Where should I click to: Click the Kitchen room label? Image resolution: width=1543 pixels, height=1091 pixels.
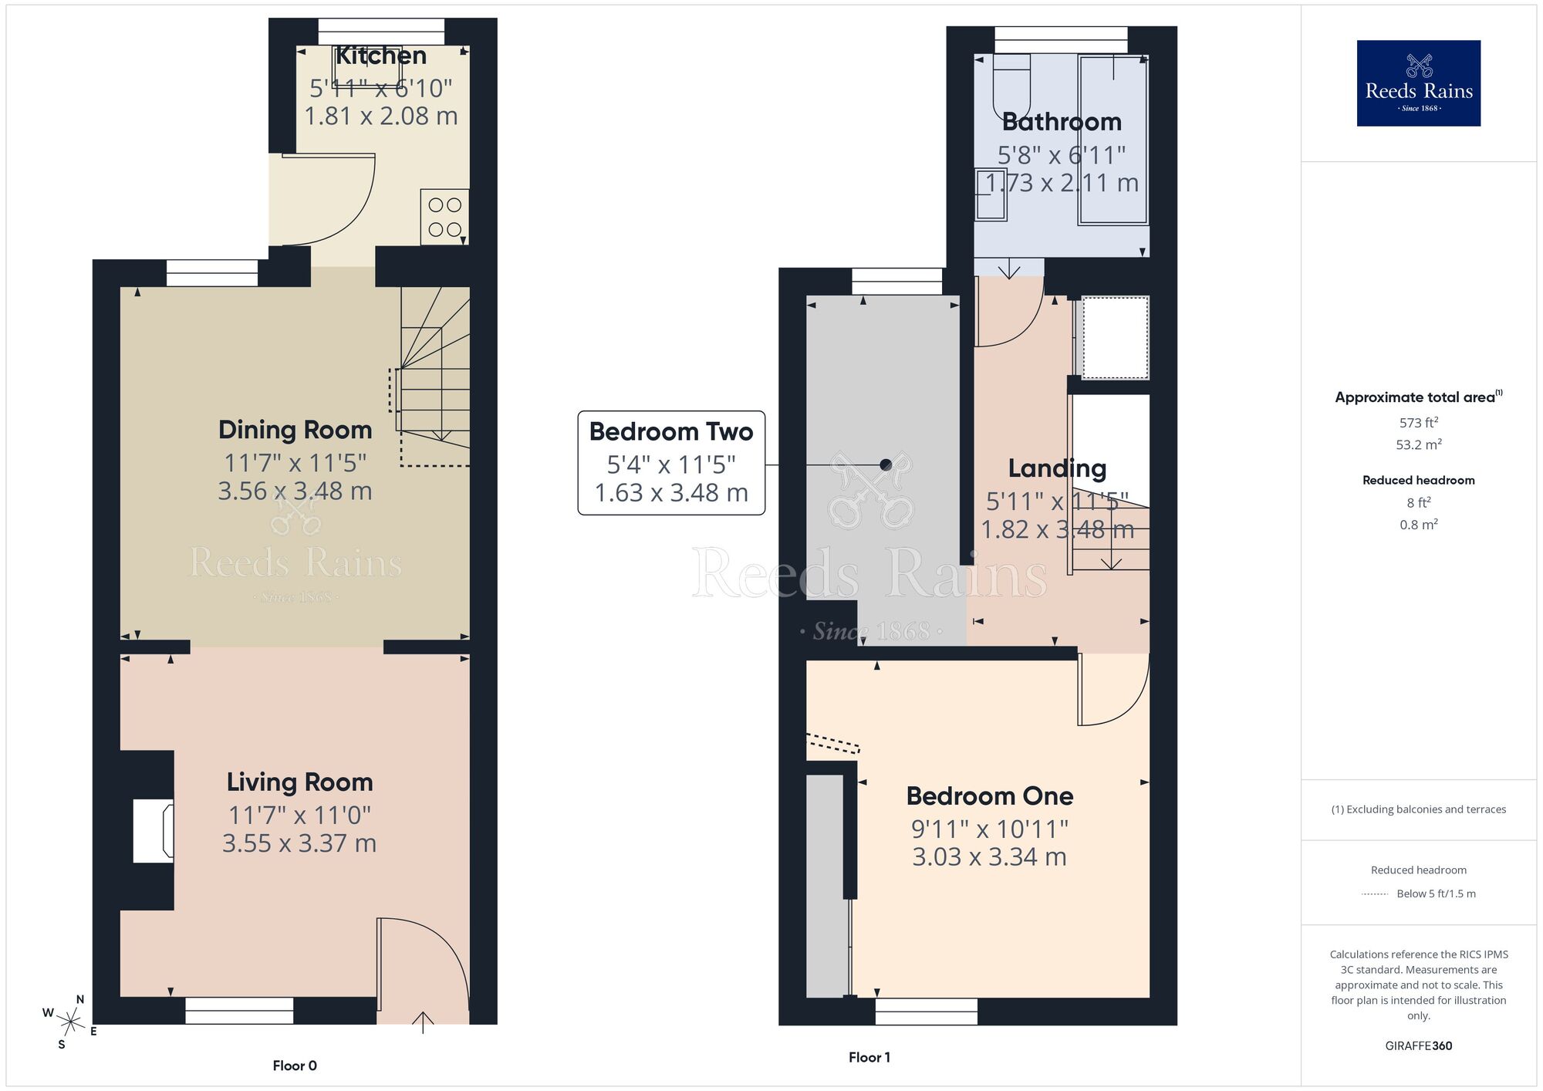(380, 56)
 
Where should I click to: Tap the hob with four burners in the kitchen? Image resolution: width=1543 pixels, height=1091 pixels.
(444, 217)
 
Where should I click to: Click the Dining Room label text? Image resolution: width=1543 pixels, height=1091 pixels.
(295, 430)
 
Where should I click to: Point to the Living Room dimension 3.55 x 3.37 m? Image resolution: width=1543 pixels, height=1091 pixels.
(299, 843)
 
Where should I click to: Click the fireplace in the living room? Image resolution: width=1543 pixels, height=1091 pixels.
(153, 831)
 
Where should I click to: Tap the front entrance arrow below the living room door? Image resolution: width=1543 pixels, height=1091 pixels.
(423, 1022)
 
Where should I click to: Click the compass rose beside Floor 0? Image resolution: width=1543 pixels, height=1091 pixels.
(71, 1023)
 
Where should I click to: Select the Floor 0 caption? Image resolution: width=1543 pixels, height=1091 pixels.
(295, 1066)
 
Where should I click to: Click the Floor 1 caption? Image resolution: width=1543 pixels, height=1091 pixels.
(869, 1057)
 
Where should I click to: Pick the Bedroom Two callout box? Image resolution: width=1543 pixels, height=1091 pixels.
(671, 462)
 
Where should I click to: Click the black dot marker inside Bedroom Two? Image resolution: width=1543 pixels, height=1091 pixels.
(886, 464)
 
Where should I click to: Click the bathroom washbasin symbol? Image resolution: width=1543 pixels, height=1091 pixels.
(990, 194)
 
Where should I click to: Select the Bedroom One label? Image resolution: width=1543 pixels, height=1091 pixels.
(990, 795)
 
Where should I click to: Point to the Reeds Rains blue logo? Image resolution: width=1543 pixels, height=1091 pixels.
(1418, 83)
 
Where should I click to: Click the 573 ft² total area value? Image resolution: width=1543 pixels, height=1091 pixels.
(1418, 423)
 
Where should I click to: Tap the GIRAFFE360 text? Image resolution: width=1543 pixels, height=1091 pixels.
(1418, 1045)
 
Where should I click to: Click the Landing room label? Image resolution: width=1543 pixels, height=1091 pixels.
(1057, 468)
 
